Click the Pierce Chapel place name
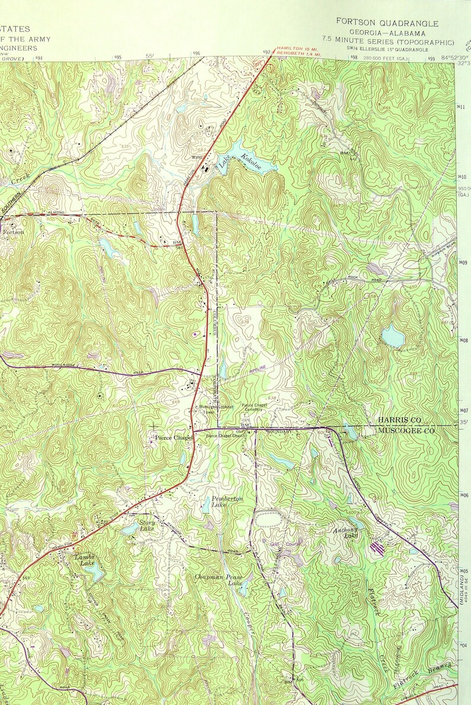174,438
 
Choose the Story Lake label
147,525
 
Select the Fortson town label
14,232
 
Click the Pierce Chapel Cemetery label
254,407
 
